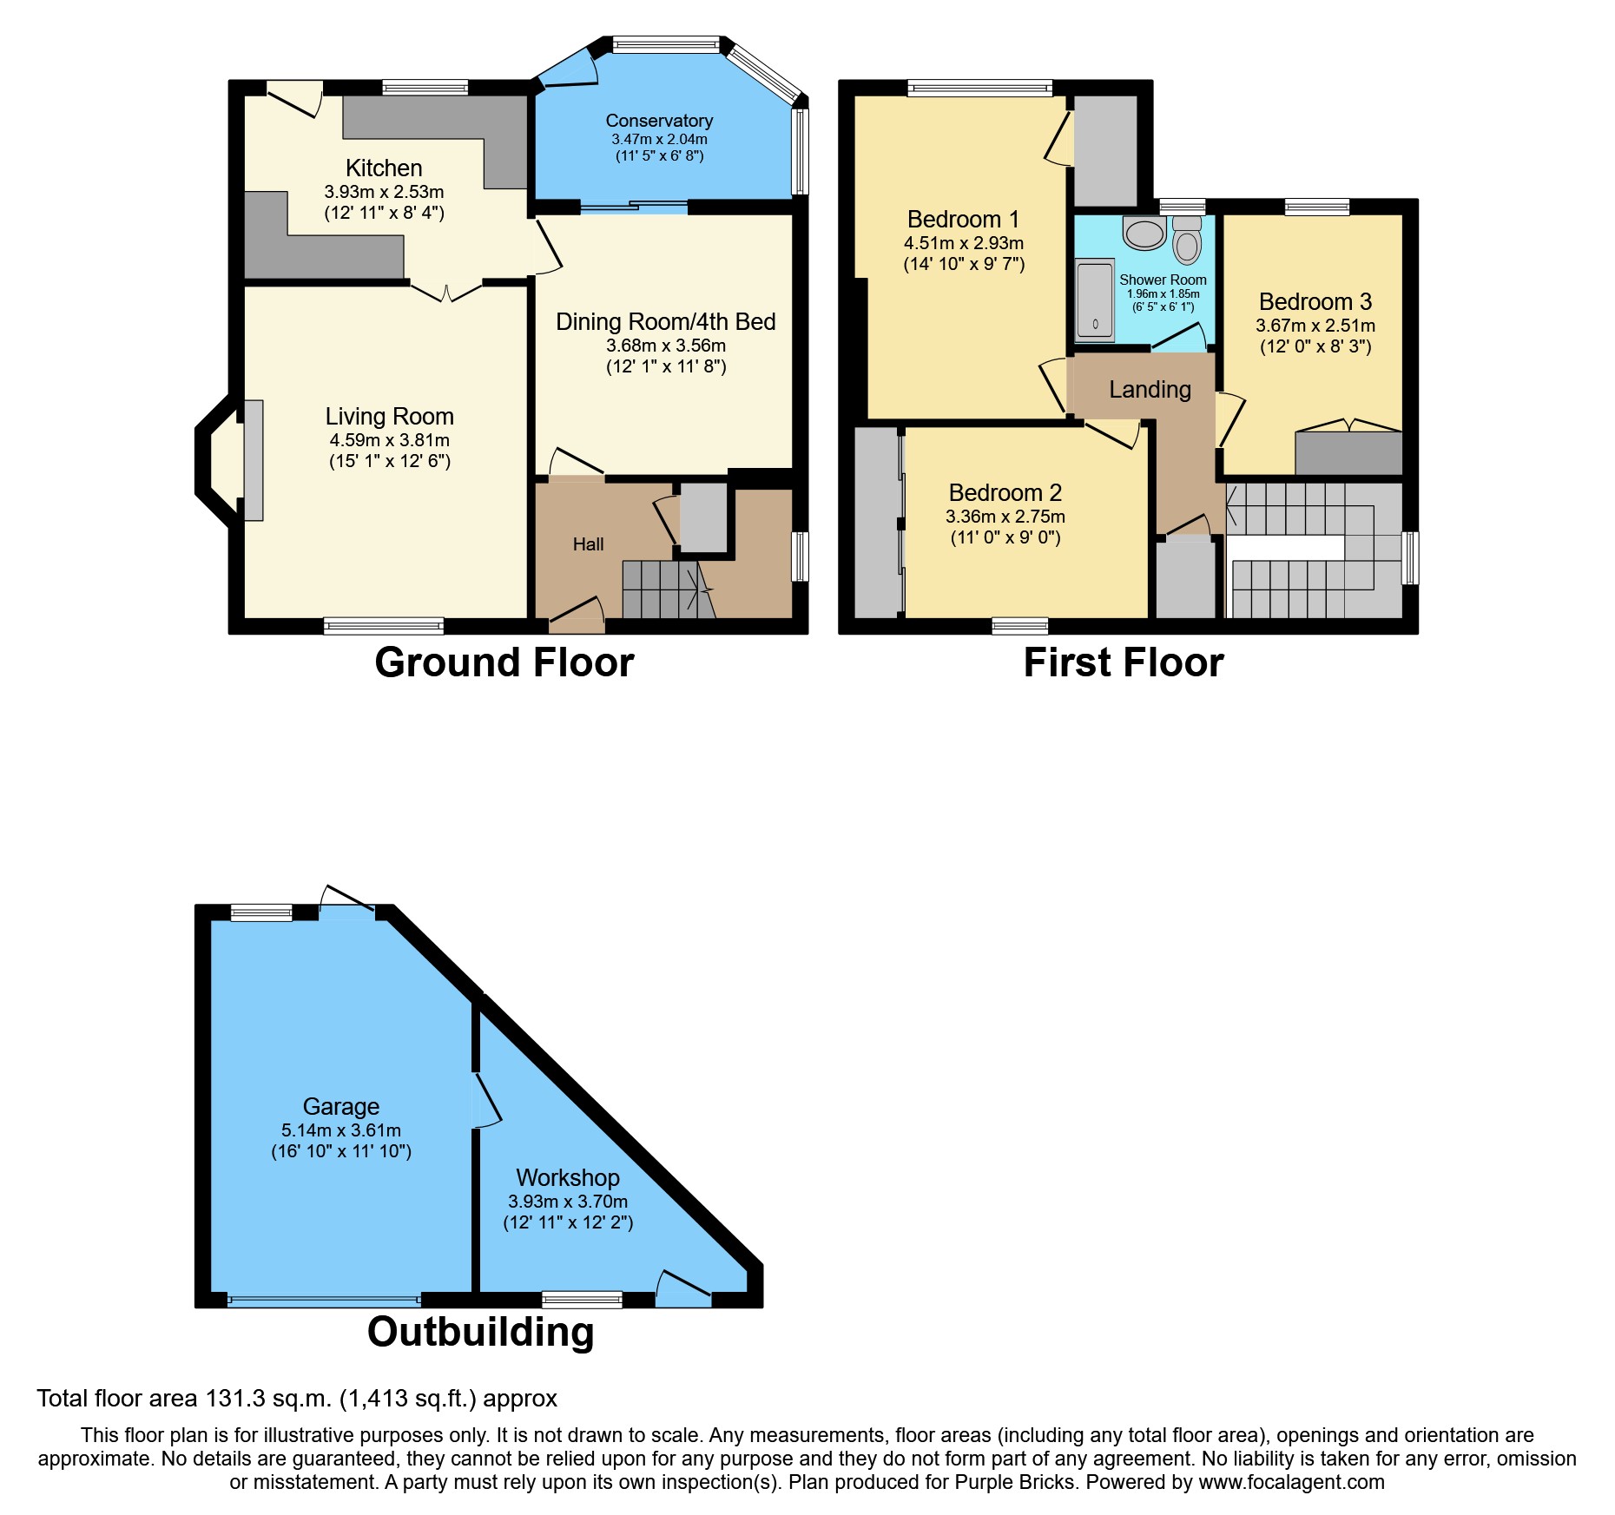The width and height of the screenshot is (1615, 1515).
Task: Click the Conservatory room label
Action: click(659, 121)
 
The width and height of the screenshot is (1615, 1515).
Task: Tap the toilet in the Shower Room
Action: click(1186, 240)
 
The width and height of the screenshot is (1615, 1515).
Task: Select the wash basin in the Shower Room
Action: click(1144, 233)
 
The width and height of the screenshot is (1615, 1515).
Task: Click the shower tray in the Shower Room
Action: click(1095, 300)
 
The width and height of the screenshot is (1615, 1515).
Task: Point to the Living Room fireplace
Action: click(253, 460)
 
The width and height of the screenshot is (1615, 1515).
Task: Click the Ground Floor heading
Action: click(504, 662)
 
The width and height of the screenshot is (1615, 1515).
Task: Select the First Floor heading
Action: click(1123, 662)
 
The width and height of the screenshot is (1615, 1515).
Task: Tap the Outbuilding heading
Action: click(480, 1332)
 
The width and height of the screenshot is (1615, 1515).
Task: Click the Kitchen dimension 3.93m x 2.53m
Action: click(384, 192)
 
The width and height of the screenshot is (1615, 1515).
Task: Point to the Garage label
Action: click(340, 1106)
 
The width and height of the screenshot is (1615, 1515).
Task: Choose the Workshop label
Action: click(568, 1177)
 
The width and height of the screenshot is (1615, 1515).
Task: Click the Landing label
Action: click(1150, 390)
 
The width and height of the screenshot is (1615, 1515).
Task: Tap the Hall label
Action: click(588, 544)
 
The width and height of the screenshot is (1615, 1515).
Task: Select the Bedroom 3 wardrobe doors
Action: click(1348, 426)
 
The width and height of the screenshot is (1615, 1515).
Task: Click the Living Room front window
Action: click(383, 626)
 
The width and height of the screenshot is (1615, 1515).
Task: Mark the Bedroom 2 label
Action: click(1005, 492)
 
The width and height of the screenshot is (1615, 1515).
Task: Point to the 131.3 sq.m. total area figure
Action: click(268, 1399)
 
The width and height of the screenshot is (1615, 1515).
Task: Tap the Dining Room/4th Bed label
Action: click(665, 322)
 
